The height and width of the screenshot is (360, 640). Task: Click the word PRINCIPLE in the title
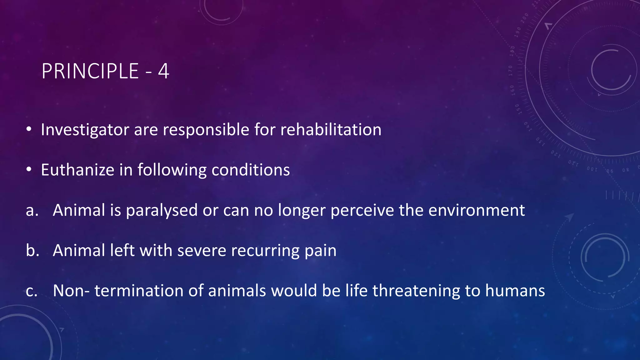(x=90, y=71)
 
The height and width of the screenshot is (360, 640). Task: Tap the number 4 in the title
(x=163, y=71)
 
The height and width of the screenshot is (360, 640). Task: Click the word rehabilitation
(x=331, y=130)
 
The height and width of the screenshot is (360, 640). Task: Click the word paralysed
(x=162, y=210)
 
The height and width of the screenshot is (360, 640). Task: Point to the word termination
(x=139, y=291)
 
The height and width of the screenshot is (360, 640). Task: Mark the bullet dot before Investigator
(x=29, y=129)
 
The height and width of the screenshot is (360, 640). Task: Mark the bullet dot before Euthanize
(x=29, y=170)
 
